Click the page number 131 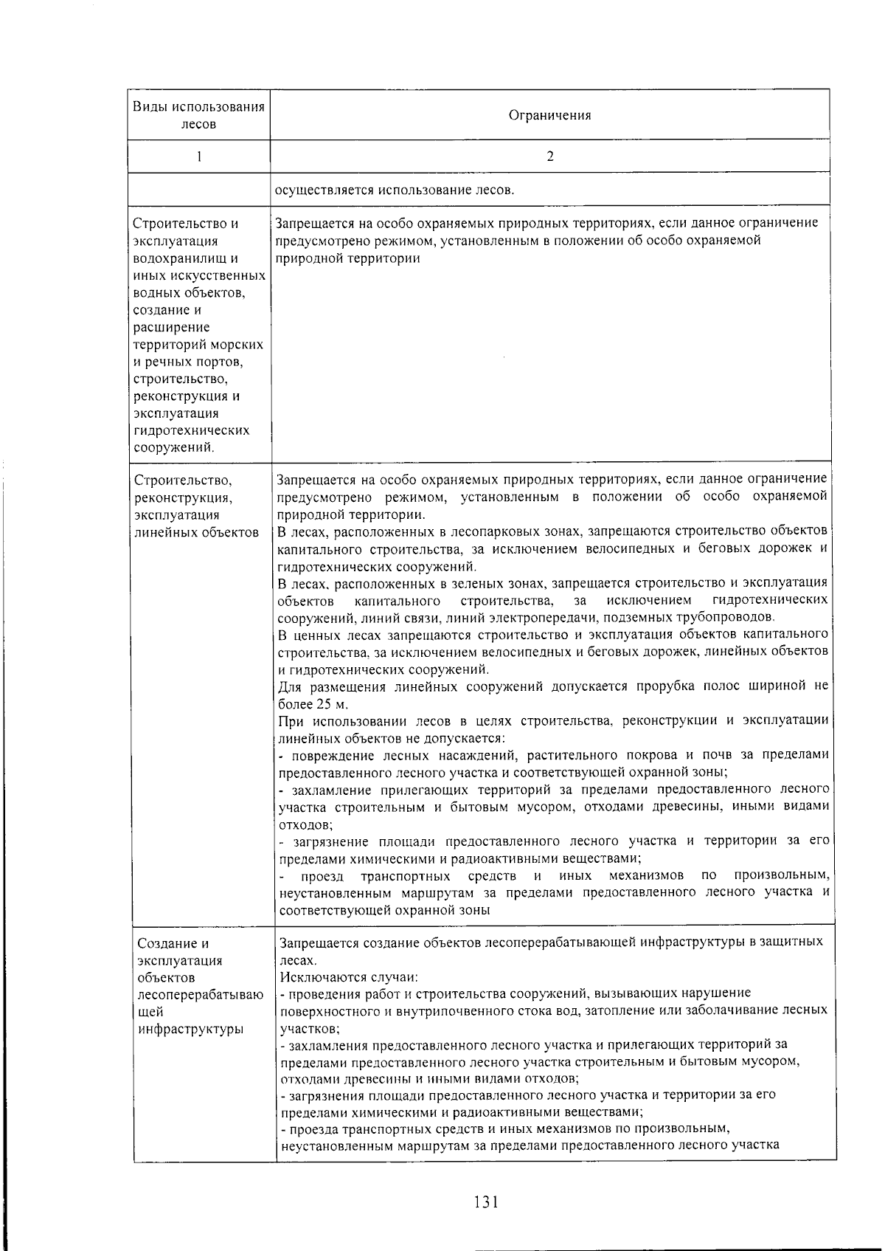click(487, 1202)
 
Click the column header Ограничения click(550, 115)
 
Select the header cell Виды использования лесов click(198, 115)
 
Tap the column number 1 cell click(198, 156)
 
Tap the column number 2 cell click(550, 156)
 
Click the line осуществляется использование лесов click(394, 190)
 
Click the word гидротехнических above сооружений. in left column click(192, 430)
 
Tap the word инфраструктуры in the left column click(191, 1029)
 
